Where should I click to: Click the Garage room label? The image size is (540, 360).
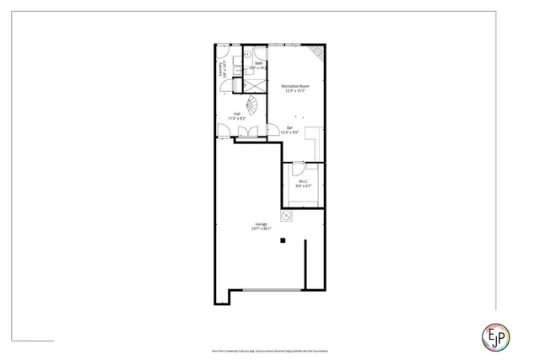point(261,223)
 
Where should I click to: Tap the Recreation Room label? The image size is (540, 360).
point(295,87)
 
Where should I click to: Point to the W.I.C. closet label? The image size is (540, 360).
point(301,181)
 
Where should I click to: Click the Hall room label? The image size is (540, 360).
point(236,114)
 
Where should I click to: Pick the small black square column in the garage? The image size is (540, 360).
point(284,240)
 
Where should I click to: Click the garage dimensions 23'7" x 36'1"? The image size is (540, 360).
point(261,228)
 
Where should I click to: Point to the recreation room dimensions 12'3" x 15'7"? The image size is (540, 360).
point(295,92)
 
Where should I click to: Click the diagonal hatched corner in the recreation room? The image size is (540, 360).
point(316,52)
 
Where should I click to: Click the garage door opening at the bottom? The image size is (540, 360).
point(268,292)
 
